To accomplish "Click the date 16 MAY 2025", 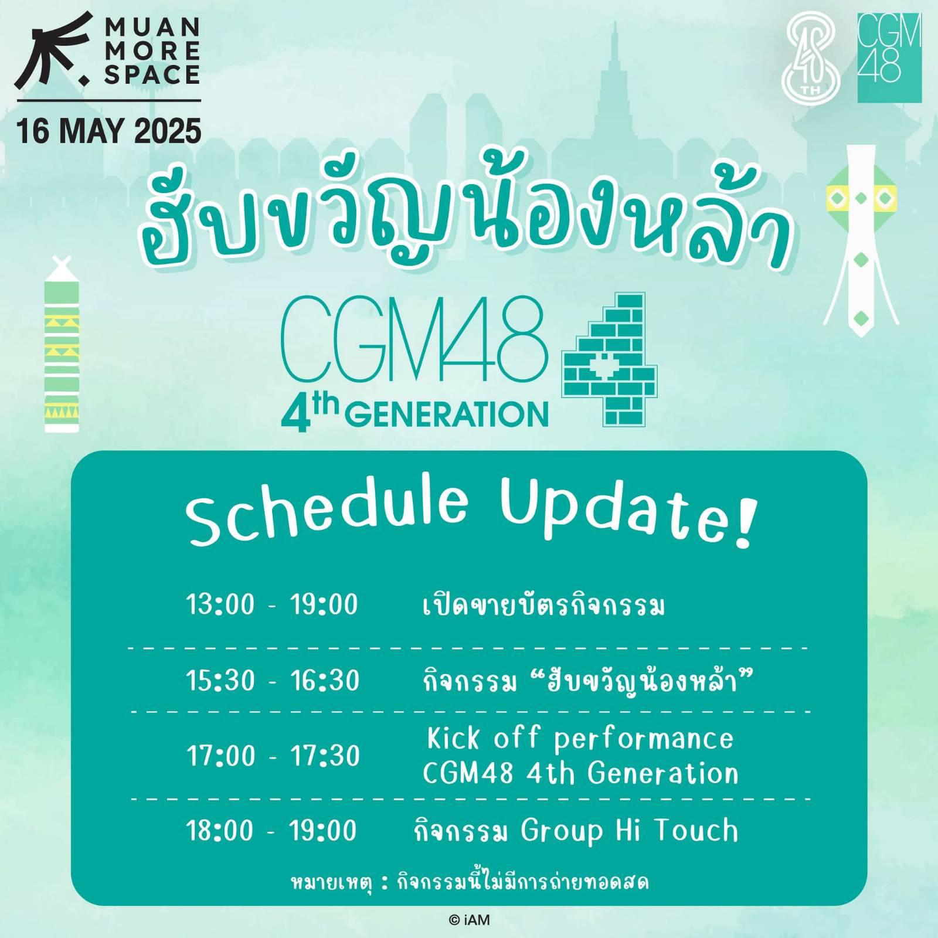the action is coord(109,131).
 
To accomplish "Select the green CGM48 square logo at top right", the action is coord(889,57).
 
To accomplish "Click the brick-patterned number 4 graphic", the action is coord(610,359).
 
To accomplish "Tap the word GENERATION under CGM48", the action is coord(447,414).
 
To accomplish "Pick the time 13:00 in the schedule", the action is coord(220,604).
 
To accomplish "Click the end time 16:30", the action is coord(324,681).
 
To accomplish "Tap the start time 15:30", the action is coord(221,681).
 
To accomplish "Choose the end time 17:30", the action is coord(325,756).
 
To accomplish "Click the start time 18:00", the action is coord(220,830).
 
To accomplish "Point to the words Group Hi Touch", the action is coord(630,831).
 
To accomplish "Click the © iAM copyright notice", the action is coord(469,920).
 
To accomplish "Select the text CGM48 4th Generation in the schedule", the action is coord(580,774).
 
